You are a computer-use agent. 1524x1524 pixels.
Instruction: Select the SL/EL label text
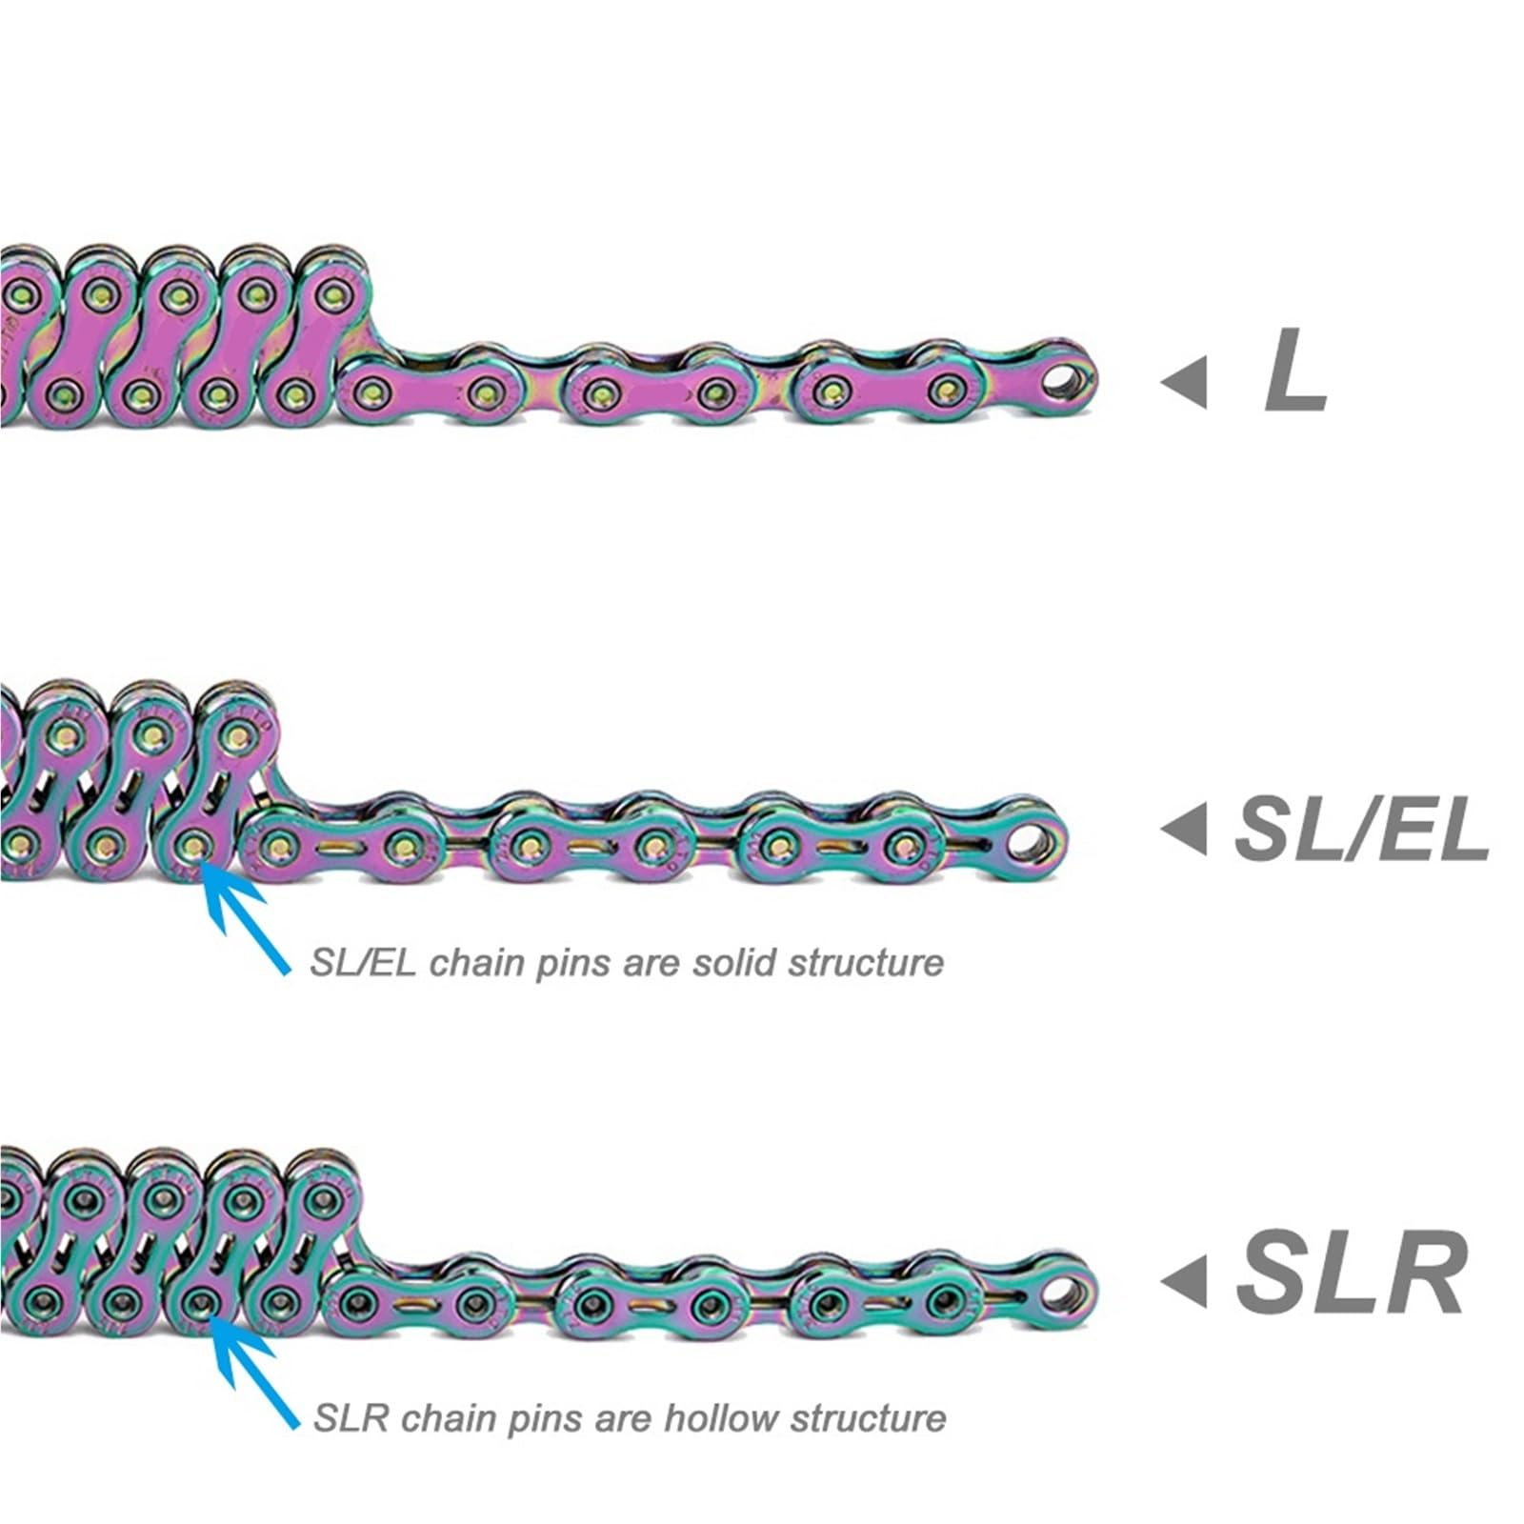click(1361, 830)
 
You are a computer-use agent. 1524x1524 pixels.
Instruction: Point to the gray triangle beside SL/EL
click(1183, 829)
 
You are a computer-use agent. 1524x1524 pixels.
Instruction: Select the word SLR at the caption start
click(351, 1418)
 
